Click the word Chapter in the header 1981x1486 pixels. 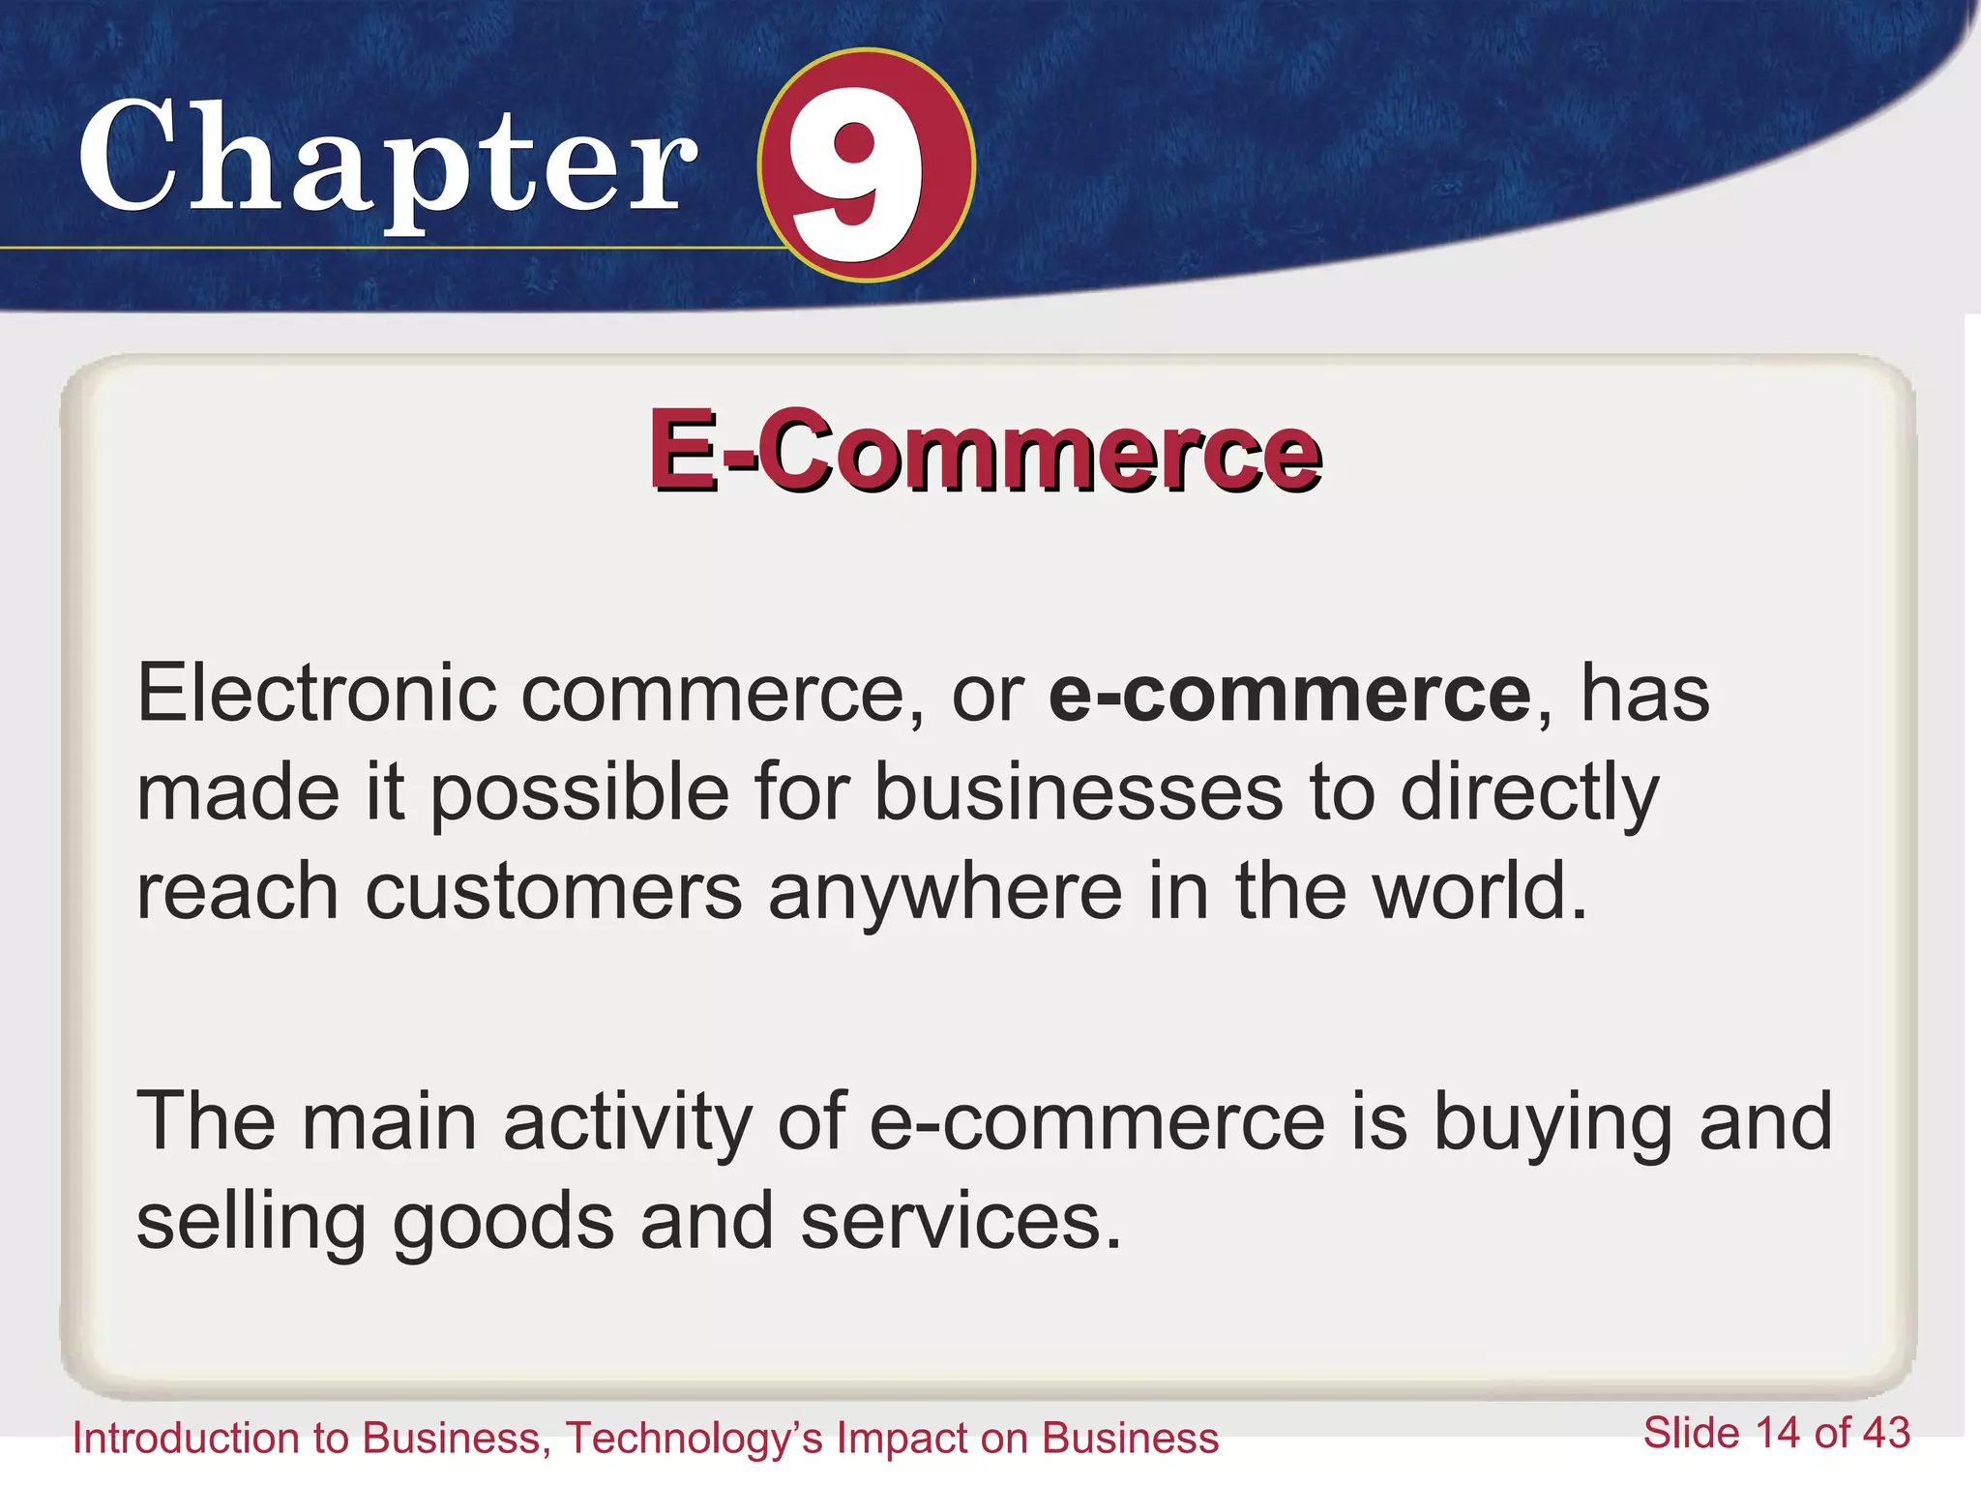(387, 160)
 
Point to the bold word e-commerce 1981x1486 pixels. (1290, 694)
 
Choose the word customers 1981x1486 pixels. (553, 892)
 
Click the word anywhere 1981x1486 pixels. (944, 892)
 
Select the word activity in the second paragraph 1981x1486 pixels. (627, 1122)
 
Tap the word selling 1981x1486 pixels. (251, 1222)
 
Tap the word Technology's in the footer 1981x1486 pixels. (695, 1439)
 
